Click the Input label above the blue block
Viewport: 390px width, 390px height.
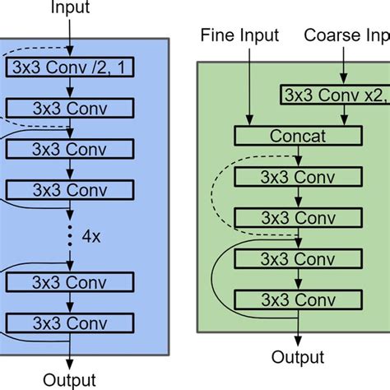pos(71,9)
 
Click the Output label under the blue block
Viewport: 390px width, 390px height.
pos(70,379)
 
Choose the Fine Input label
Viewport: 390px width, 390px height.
pos(240,35)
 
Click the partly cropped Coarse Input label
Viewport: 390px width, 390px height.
pos(346,35)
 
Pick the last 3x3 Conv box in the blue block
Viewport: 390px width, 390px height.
pos(70,322)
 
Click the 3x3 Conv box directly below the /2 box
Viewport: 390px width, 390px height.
pos(70,108)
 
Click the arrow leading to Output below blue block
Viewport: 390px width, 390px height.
pos(72,350)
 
